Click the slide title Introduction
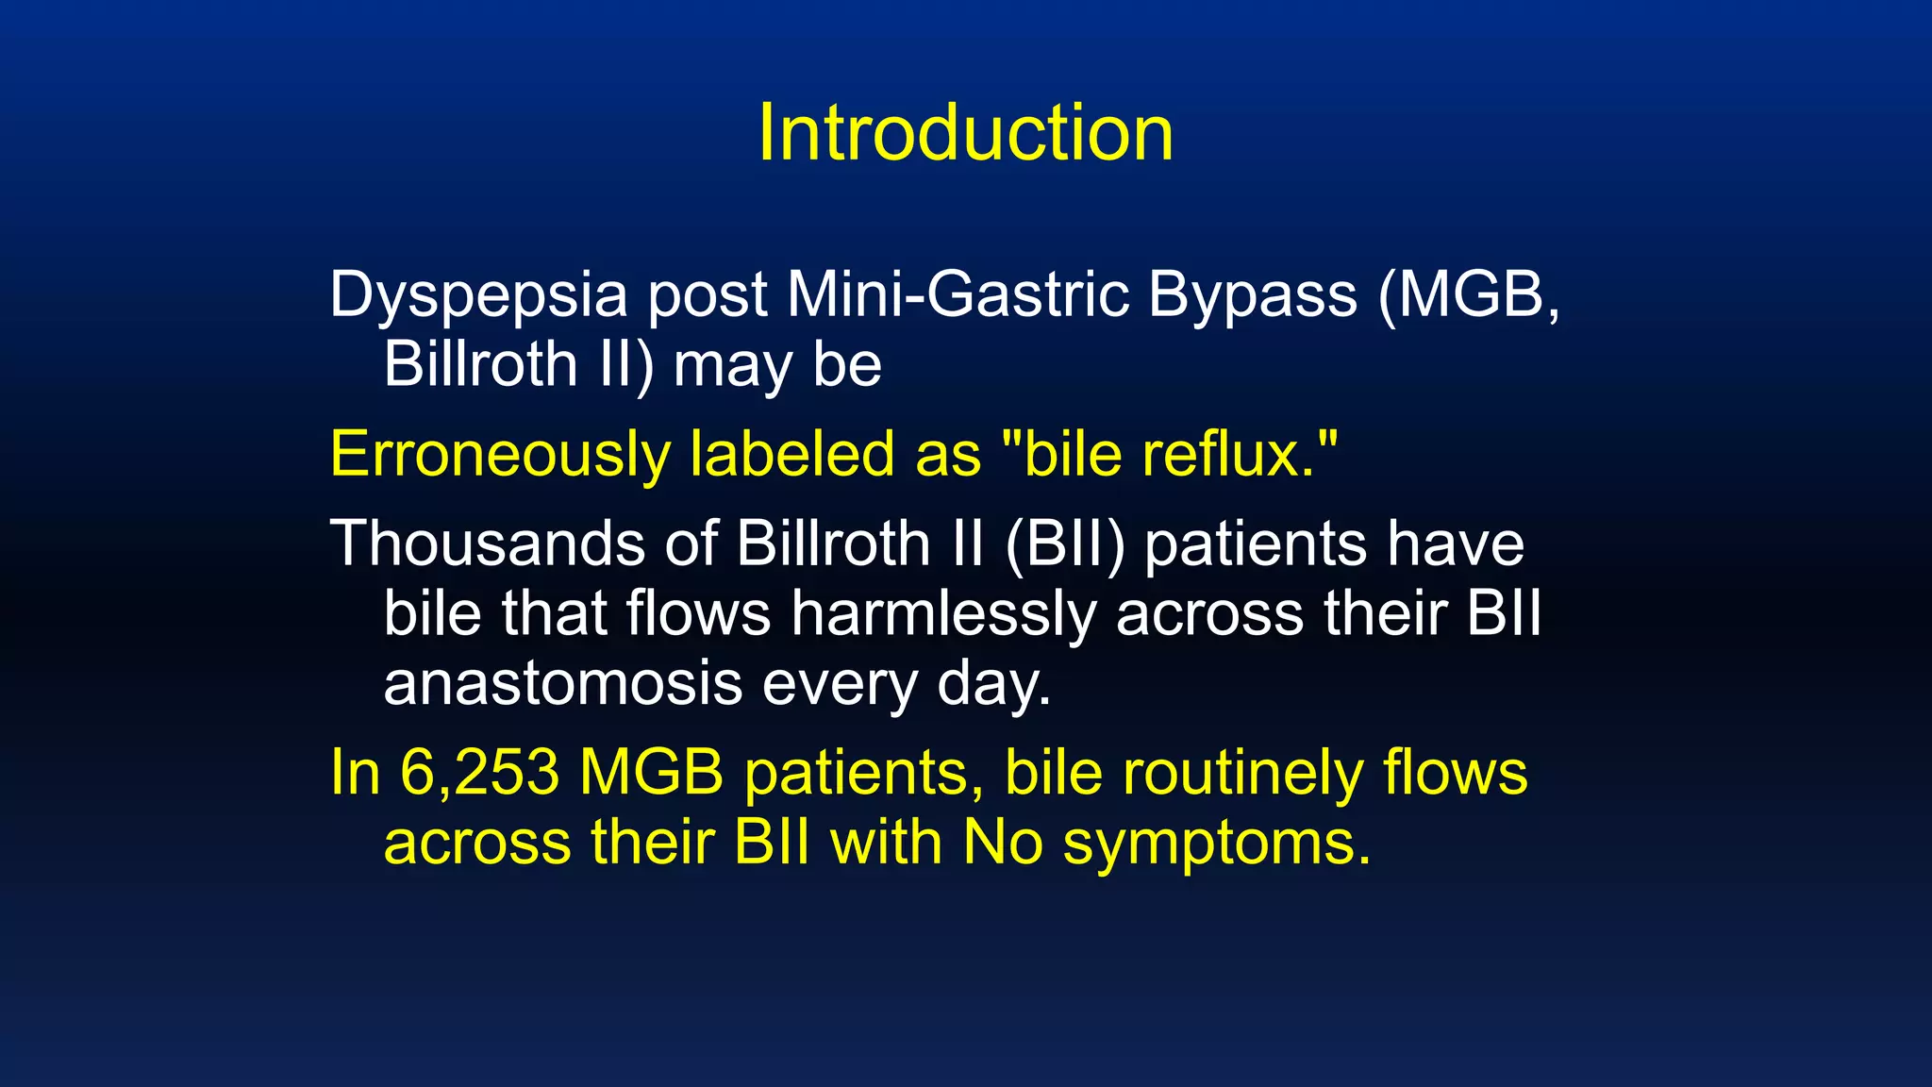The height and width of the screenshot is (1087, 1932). click(965, 133)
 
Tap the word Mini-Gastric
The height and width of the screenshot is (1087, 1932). click(958, 294)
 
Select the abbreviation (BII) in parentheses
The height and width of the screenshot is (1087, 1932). click(1065, 545)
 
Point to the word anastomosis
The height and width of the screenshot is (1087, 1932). click(562, 684)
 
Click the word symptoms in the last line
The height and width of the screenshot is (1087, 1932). click(1217, 844)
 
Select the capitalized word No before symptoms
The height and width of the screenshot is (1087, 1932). click(1003, 842)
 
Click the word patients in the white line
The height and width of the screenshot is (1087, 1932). click(1254, 545)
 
